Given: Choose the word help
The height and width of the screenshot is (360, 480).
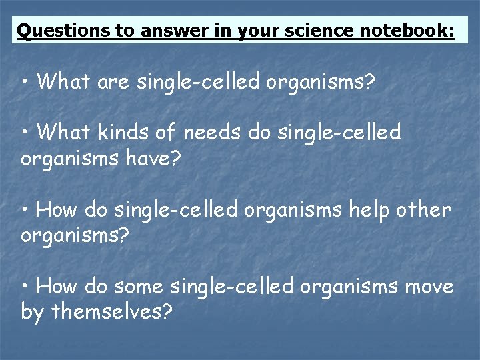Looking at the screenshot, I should click(365, 210).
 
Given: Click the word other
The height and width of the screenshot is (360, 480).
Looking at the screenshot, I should click(423, 210).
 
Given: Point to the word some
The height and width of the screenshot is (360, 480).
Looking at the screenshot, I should click(139, 287).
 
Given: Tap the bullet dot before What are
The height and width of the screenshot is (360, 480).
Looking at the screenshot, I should click(25, 83).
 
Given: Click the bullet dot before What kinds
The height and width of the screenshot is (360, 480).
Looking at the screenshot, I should click(25, 133).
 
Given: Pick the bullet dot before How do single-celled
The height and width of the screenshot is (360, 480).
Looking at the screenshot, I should click(25, 211).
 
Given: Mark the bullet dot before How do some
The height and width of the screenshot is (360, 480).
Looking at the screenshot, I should click(25, 287).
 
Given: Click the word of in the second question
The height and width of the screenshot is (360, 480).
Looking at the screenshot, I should click(167, 133).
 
